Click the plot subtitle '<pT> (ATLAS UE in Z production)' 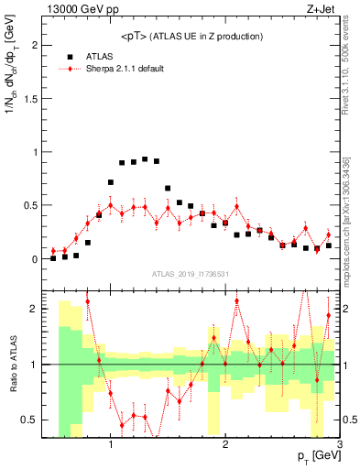pyautogui.click(x=191, y=36)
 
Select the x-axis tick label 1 pyautogui.click(x=110, y=448)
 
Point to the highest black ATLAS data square pyautogui.click(x=145, y=158)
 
